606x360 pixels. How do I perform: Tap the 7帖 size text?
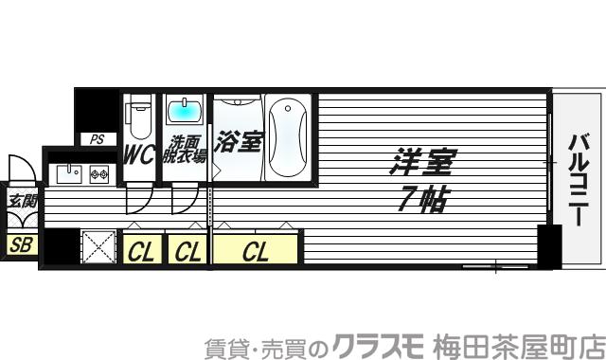pos(421,198)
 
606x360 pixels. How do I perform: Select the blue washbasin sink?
pos(184,113)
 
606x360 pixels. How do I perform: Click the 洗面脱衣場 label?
pos(184,152)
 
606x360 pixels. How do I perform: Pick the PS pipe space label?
pos(97,139)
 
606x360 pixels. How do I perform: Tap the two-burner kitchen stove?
pos(99,173)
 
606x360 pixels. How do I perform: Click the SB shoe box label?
pos(20,244)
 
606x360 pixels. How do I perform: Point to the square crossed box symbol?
pos(98,247)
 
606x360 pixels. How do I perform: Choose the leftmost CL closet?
pos(141,252)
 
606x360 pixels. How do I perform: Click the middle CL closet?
pos(187,252)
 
